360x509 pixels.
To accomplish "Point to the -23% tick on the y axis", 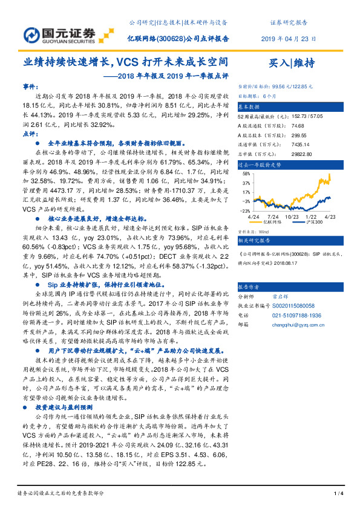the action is point(244,210).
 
